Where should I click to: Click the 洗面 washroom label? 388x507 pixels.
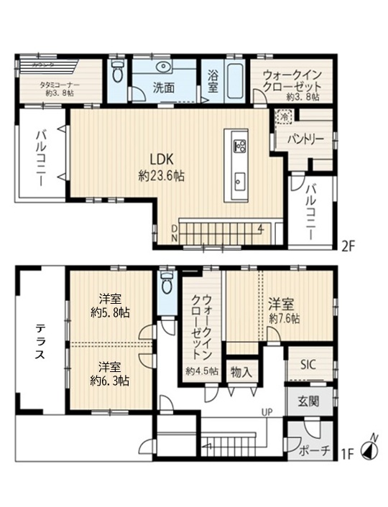[163, 88]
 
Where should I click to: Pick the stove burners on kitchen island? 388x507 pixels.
[239, 147]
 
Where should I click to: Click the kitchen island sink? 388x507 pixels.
[239, 180]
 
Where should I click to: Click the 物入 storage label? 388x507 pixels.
[241, 371]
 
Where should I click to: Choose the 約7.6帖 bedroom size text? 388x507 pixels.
[285, 317]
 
